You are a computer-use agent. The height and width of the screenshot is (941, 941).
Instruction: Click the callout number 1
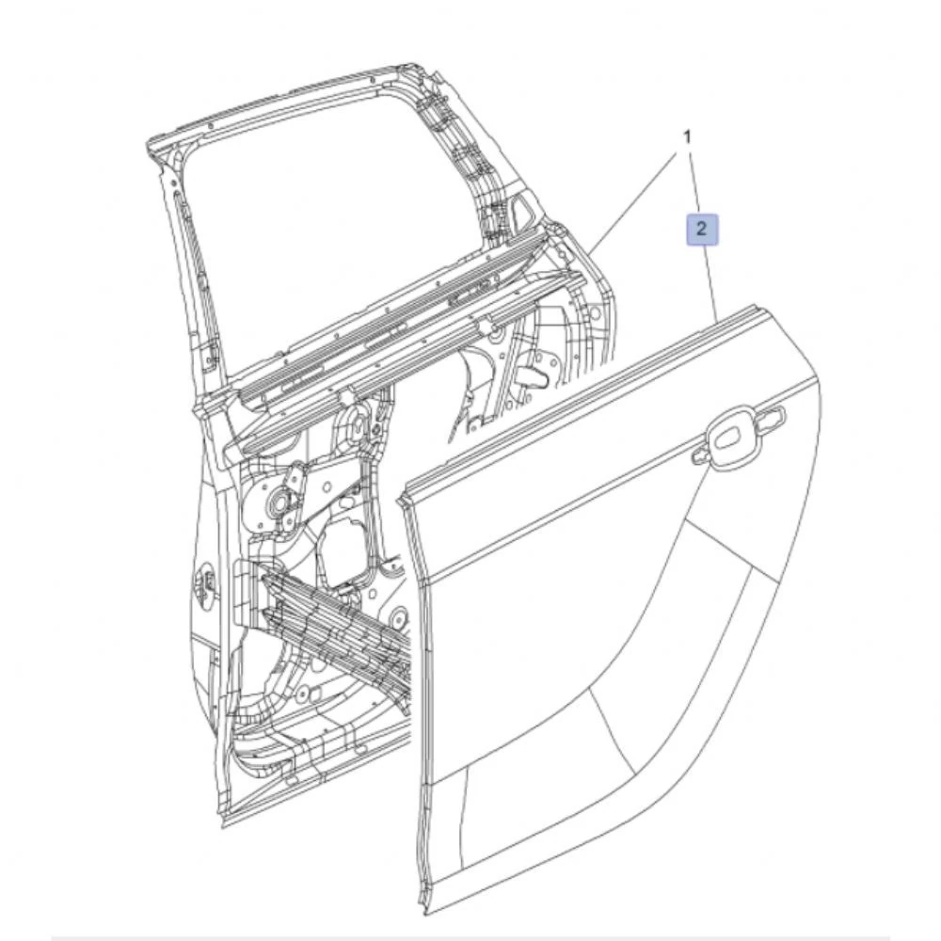(x=687, y=137)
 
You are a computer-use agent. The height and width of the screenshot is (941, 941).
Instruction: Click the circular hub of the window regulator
(x=281, y=504)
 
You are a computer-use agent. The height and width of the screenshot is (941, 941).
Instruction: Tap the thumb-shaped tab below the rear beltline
(x=533, y=376)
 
